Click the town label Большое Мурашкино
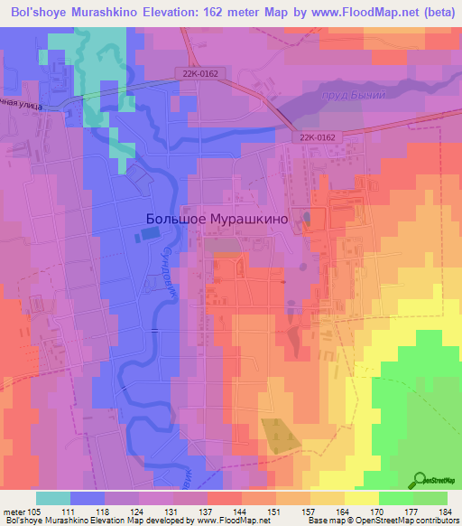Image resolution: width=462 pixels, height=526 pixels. click(217, 219)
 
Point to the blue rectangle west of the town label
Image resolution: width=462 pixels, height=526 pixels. click(147, 235)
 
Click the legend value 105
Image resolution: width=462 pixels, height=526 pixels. click(37, 511)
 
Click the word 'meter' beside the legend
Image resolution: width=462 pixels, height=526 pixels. click(15, 511)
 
